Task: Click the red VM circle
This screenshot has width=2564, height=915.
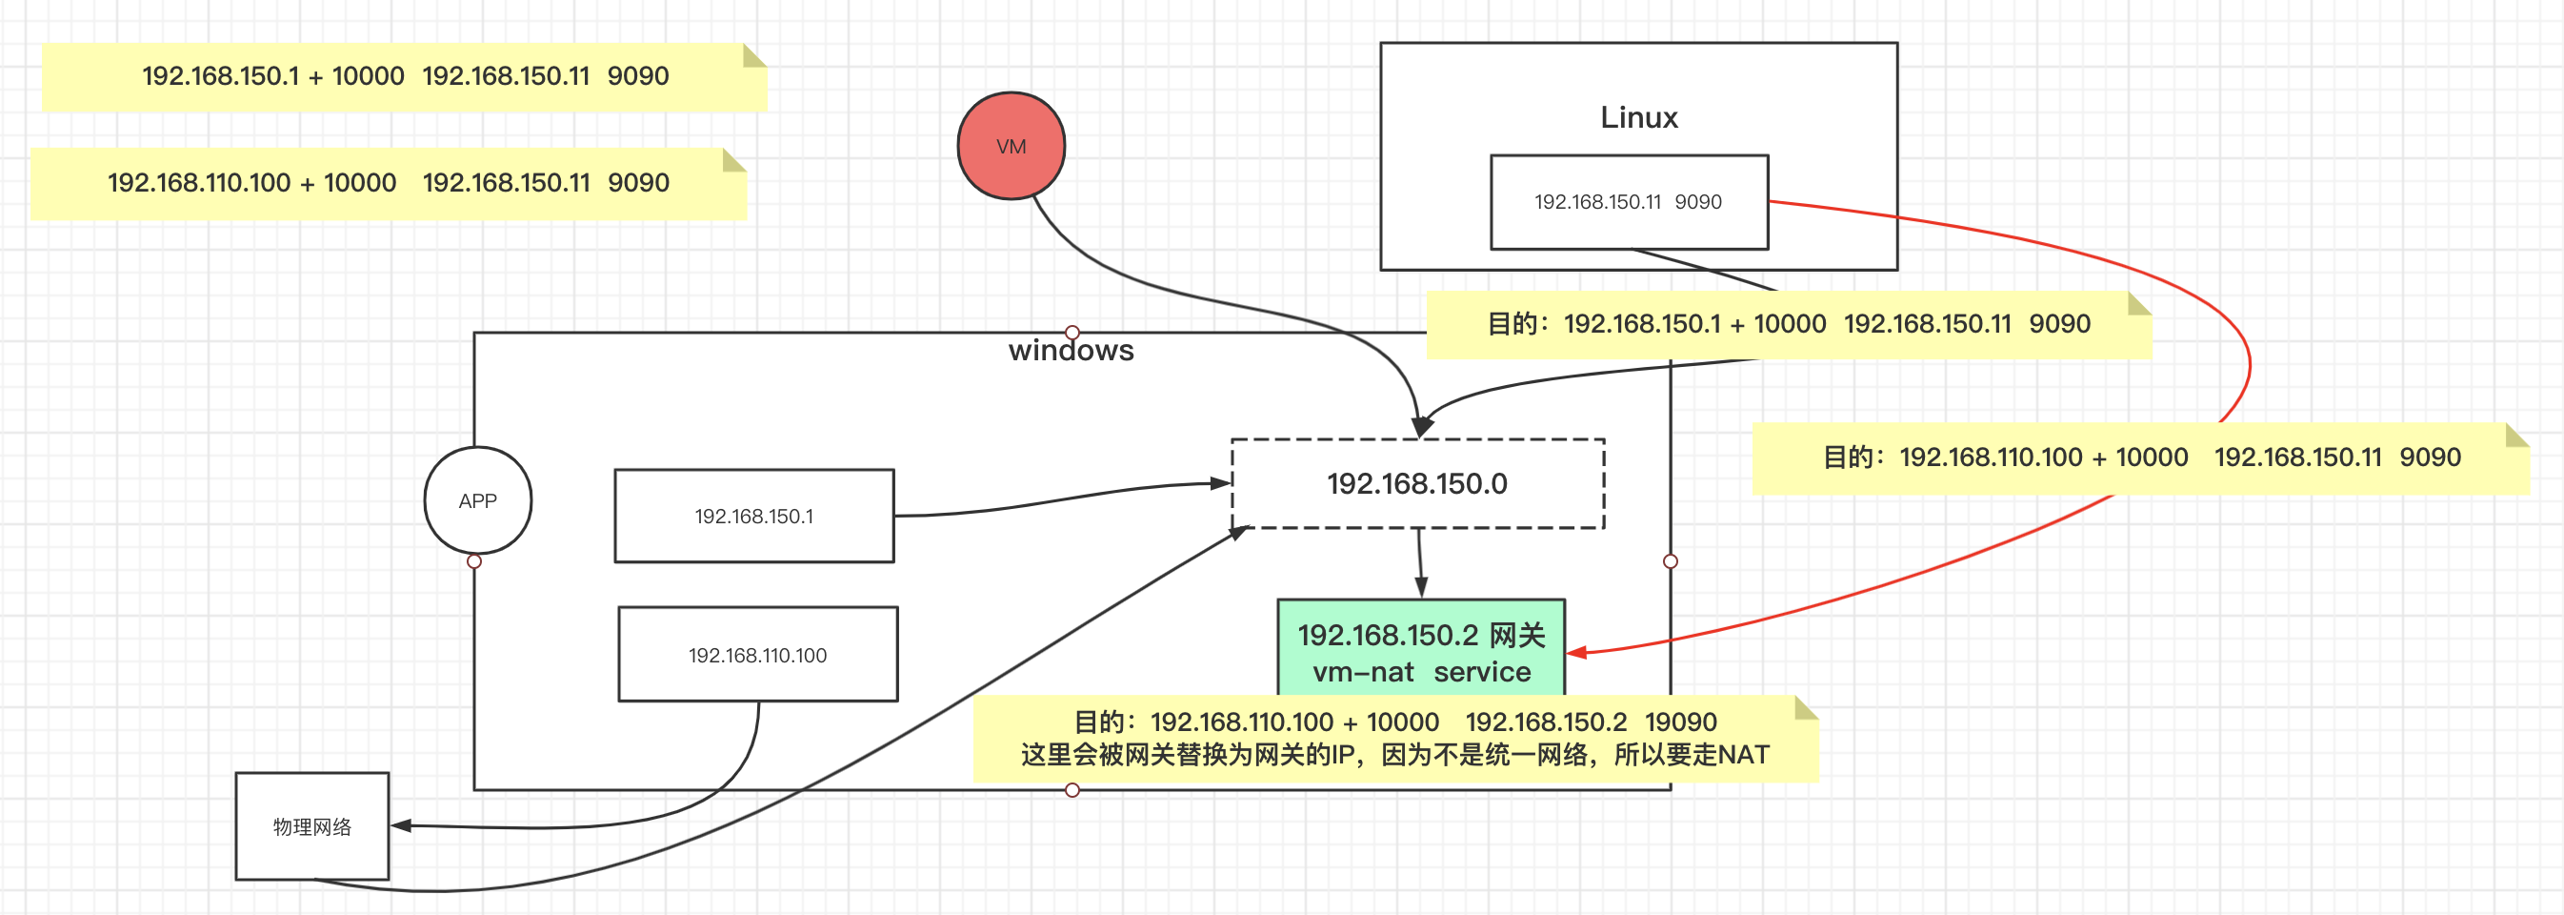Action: pos(1011,147)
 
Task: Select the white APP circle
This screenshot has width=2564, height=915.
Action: pos(478,500)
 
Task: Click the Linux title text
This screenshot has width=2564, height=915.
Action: pos(1638,117)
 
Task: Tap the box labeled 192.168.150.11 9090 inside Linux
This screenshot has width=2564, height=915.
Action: pos(1629,202)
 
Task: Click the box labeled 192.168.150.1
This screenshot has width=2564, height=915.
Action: pos(753,516)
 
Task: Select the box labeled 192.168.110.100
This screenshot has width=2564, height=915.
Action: pos(757,655)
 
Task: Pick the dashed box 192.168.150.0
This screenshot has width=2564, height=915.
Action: pos(1416,484)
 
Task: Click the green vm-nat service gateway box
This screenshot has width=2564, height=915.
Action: pos(1420,652)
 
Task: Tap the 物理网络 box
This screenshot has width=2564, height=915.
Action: pos(311,826)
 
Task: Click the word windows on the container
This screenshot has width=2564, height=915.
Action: pos(1071,351)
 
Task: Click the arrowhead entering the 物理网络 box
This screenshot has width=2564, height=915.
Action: pos(401,825)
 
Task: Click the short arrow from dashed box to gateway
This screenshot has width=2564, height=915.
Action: pos(1420,563)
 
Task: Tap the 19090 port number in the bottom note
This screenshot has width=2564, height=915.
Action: pos(1680,722)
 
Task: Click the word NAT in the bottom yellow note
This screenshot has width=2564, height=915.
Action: pos(1743,755)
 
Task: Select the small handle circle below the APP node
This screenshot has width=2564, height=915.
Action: pos(474,561)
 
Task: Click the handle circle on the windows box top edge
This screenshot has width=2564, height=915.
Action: pos(1072,333)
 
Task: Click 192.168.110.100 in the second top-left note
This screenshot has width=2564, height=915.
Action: pos(199,183)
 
